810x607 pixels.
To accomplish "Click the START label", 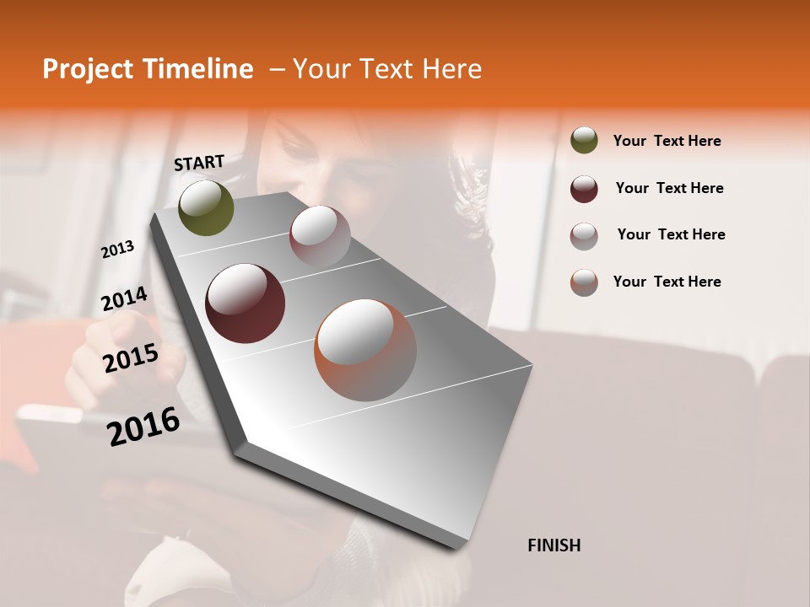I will click(x=199, y=163).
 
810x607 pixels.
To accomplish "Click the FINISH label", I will click(x=553, y=545).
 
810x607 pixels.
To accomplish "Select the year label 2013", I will click(x=118, y=250).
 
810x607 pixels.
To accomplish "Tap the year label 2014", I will click(x=124, y=299).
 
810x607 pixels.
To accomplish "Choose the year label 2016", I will click(x=143, y=426).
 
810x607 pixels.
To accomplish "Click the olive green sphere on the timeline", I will click(x=206, y=207).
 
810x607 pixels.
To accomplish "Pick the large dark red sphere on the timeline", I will click(x=245, y=303).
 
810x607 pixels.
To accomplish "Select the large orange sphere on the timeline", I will click(x=365, y=350).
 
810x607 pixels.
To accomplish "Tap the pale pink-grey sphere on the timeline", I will click(x=320, y=236).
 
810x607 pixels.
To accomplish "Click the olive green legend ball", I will click(x=584, y=141).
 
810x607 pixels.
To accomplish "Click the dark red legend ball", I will click(x=584, y=189).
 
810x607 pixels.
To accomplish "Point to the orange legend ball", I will click(x=584, y=282).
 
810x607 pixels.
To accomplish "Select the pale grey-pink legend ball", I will click(x=584, y=235).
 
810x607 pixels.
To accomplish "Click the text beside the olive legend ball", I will click(x=667, y=141).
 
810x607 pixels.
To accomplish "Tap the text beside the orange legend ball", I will click(x=667, y=282).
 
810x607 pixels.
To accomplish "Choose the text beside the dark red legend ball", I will click(x=669, y=188).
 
